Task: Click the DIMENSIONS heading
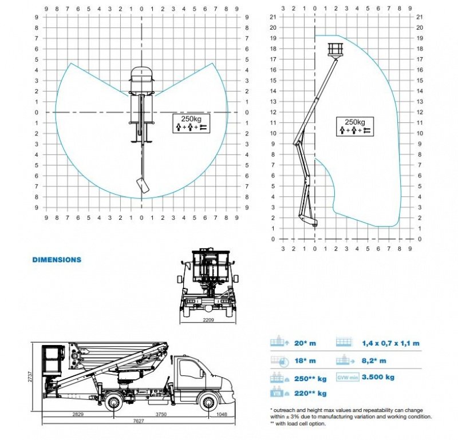pos(57,260)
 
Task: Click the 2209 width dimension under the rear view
pos(208,320)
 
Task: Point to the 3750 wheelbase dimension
pos(161,414)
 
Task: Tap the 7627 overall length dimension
pos(139,421)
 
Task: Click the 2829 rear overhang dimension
pos(78,414)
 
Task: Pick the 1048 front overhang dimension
pos(222,414)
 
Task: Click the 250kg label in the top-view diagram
pos(191,119)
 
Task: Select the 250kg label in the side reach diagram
pos(355,122)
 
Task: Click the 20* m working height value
pos(305,343)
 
